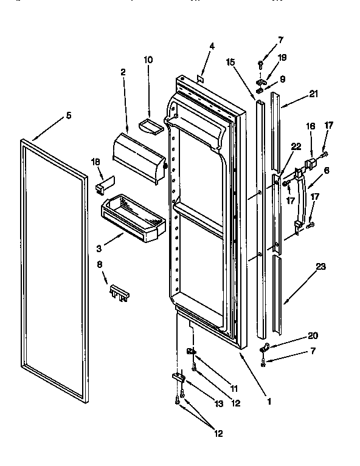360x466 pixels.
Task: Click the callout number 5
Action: tap(69, 115)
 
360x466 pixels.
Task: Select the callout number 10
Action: tap(148, 60)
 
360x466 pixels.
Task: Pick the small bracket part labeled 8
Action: tap(119, 294)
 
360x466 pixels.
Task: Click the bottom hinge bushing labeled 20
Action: tap(264, 349)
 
